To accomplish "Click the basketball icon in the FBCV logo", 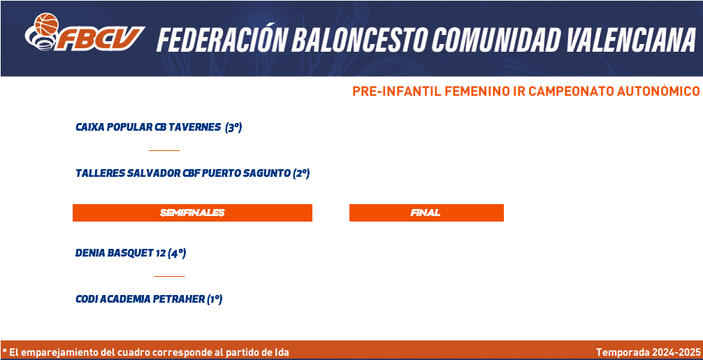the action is [x=47, y=24].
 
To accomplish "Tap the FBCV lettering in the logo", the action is [x=99, y=38].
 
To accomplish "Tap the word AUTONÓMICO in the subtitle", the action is [x=658, y=91].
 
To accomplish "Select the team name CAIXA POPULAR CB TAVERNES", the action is [x=148, y=127].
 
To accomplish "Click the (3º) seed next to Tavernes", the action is [x=233, y=127].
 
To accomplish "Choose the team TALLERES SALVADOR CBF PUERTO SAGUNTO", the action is [x=183, y=173].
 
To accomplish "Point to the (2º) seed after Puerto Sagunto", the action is [x=301, y=173].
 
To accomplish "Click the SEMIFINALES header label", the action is [x=192, y=213].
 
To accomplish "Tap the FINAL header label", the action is [x=426, y=213].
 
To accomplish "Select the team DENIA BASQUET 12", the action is [x=121, y=253].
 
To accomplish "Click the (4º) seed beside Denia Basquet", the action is [x=177, y=253].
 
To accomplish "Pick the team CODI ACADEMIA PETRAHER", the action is [x=140, y=299].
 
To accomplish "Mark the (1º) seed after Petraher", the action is [x=215, y=299].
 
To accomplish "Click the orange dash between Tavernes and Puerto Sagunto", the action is [x=164, y=150].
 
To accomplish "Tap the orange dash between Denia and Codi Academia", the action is [x=170, y=276].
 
